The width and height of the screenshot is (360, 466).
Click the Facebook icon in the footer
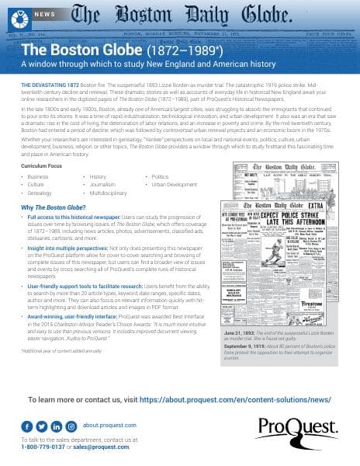pyautogui.click(x=27, y=426)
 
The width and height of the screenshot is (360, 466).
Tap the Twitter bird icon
pyautogui.click(x=42, y=426)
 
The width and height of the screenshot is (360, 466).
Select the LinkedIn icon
pyautogui.click(x=57, y=426)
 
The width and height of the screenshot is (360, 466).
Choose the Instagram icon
pyautogui.click(x=71, y=426)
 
